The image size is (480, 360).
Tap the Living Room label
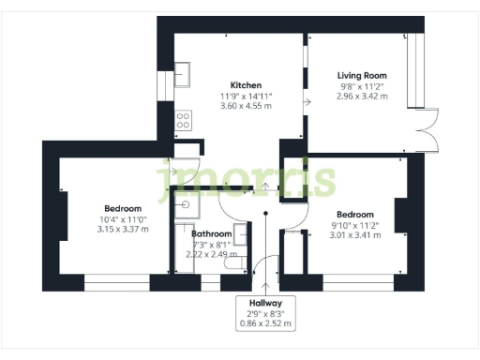pos(362,75)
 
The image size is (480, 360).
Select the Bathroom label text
pos(213,233)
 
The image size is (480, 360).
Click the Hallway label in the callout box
pos(265,302)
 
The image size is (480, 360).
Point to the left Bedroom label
pos(123,208)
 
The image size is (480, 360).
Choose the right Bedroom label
pos(355,214)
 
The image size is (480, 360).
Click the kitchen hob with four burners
pos(184,120)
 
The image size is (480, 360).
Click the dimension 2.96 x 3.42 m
pos(362,97)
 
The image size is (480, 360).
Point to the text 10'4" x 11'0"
pos(123,218)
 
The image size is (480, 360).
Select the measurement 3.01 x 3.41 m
pos(355,235)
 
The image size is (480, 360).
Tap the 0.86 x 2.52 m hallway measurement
pos(265,324)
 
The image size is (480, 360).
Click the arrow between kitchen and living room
pos(307,101)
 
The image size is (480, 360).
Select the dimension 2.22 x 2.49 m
pos(213,254)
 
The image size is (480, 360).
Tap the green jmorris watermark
pos(247,178)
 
